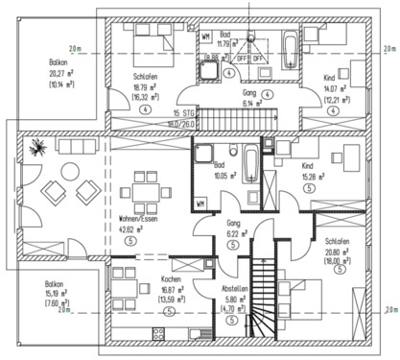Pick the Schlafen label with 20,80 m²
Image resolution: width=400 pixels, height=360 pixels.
(337, 240)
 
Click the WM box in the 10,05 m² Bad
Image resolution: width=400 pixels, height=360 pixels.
(200, 204)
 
